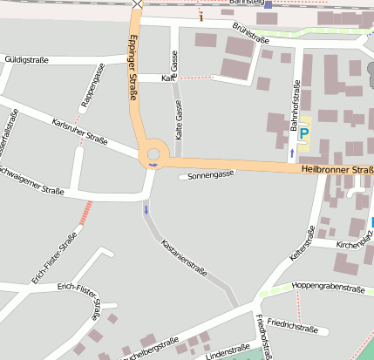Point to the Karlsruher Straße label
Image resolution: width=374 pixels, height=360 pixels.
79,131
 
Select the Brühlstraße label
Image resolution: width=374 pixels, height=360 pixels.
250,31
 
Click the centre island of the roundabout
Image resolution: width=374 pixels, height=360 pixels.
153,153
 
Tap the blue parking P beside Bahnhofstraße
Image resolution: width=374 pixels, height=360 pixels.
303,133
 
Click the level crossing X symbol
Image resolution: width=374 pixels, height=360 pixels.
137,3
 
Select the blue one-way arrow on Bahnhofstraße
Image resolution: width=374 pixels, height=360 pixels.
290,153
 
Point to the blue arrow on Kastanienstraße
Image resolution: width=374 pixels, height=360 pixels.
146,209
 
